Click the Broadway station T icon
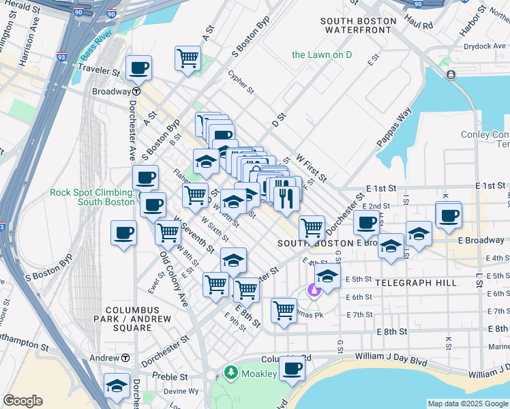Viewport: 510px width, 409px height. pyautogui.click(x=136, y=91)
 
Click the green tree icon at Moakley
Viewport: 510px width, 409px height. pyautogui.click(x=231, y=374)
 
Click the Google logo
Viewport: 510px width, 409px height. pyautogui.click(x=22, y=401)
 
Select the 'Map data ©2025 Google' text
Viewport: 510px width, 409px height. pyautogui.click(x=467, y=404)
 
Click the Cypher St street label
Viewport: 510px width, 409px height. pyautogui.click(x=241, y=81)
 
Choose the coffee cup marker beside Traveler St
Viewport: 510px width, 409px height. pyautogui.click(x=138, y=68)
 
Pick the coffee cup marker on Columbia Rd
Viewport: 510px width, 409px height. pyautogui.click(x=292, y=369)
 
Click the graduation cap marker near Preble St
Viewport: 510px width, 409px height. pyautogui.click(x=117, y=386)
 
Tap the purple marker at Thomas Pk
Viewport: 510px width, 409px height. pyautogui.click(x=314, y=290)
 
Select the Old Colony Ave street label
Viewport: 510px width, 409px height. pyautogui.click(x=173, y=279)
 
